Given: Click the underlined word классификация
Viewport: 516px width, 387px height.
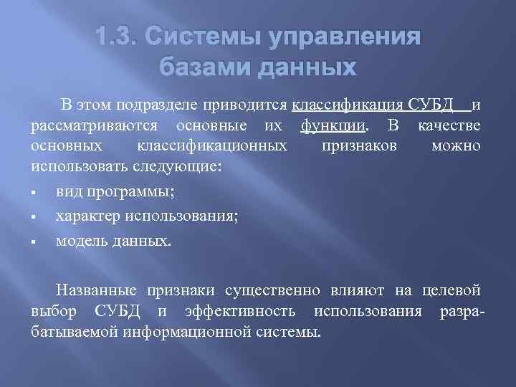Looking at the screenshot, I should (x=348, y=105).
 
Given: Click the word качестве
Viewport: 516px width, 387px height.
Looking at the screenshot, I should (x=450, y=127).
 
